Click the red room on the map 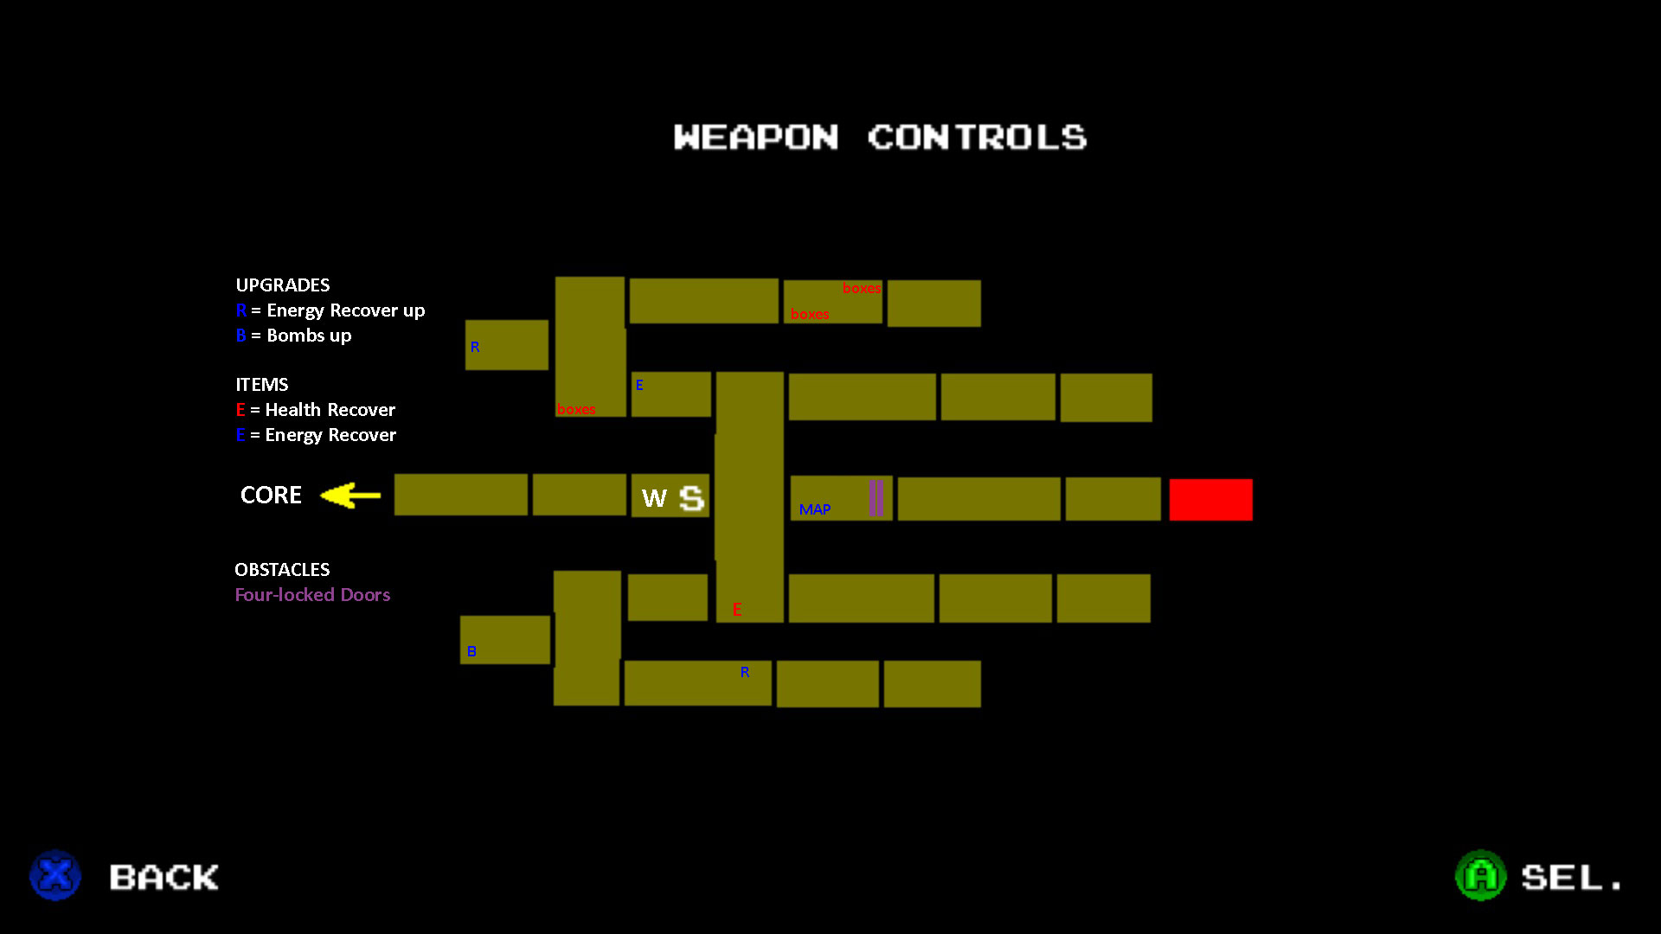click(x=1210, y=499)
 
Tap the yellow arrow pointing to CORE click(x=350, y=496)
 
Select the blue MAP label click(x=815, y=509)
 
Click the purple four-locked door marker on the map click(x=876, y=498)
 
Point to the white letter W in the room click(x=654, y=498)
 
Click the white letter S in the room click(x=691, y=498)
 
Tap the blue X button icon click(x=55, y=875)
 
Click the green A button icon click(x=1480, y=875)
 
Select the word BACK click(x=164, y=877)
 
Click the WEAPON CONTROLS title click(x=880, y=137)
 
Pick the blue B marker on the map click(x=471, y=651)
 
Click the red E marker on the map click(x=737, y=610)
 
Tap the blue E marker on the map click(x=639, y=385)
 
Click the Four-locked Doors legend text click(x=312, y=595)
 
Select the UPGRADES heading click(x=283, y=285)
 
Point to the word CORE click(x=271, y=495)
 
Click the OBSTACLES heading click(x=282, y=570)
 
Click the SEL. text click(x=1571, y=877)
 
